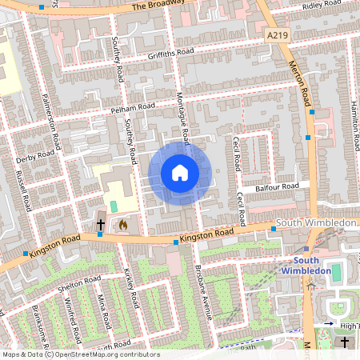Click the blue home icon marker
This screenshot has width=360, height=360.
tap(180, 173)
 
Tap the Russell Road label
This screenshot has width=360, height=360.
tap(23, 194)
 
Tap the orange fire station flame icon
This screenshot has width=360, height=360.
tap(122, 226)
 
